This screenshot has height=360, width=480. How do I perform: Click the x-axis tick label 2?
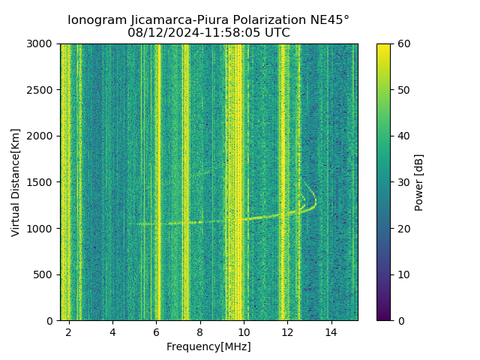69,331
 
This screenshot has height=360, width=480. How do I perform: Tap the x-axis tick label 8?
200,331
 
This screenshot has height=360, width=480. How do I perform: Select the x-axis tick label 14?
331,331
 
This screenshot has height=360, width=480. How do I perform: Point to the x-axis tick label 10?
244,331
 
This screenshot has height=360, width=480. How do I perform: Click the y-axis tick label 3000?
40,43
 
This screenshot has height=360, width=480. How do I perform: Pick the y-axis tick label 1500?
40,182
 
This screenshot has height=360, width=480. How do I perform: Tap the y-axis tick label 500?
43,274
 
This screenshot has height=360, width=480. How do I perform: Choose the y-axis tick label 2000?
40,136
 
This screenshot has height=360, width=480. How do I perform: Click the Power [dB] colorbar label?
419,182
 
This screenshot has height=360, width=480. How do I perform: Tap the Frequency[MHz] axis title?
208,346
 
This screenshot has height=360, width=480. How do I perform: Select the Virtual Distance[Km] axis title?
16,182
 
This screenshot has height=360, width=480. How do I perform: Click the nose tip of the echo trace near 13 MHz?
316,201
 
